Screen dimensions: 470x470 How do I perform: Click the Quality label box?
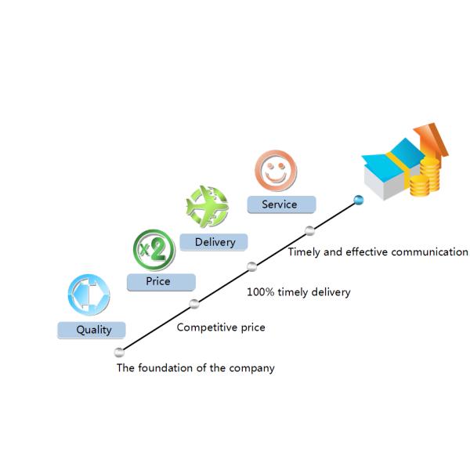coord(92,330)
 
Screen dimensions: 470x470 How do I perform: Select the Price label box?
coord(161,282)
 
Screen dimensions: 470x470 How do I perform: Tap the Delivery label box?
coord(214,242)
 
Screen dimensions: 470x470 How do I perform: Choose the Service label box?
coord(281,204)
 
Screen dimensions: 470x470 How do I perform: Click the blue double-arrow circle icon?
coord(89,295)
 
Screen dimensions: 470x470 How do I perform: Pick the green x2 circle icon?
coord(154,250)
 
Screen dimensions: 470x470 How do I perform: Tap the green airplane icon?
coord(208,206)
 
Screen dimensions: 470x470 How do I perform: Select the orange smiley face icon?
coord(276,171)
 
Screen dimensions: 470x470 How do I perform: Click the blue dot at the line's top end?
coord(359,200)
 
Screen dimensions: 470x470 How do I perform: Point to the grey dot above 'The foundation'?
coord(119,352)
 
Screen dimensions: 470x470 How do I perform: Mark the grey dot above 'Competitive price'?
coord(194,304)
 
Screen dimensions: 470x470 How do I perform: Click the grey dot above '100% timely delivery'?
coord(251,266)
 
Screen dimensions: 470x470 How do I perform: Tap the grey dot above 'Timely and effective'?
coord(309,231)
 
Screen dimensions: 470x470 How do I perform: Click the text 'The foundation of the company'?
coord(195,368)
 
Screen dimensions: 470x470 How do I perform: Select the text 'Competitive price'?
coord(221,327)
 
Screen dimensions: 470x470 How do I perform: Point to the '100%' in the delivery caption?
coord(260,292)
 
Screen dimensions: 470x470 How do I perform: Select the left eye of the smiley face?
coord(270,165)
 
